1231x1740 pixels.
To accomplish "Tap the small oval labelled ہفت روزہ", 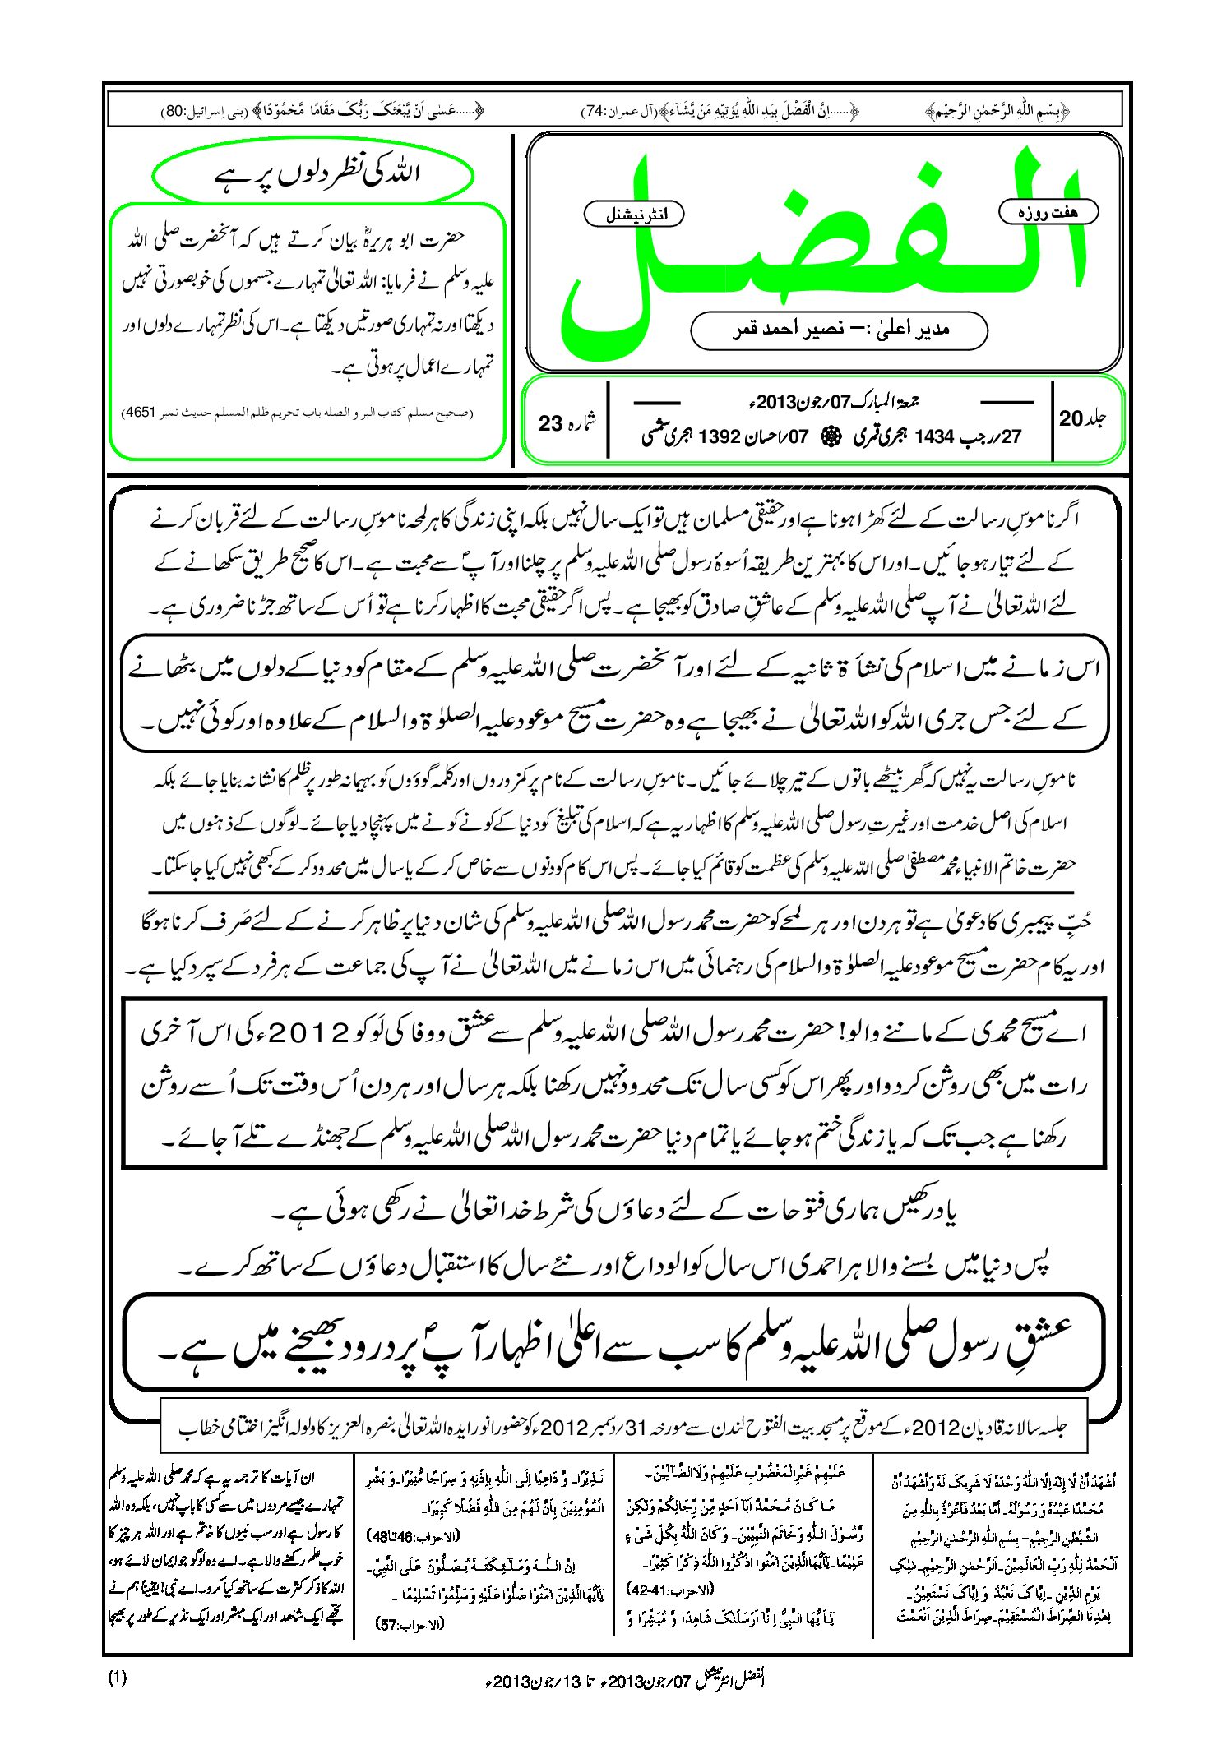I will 1048,212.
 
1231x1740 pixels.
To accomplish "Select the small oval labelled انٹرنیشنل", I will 633,215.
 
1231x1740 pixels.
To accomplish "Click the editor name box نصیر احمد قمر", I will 839,330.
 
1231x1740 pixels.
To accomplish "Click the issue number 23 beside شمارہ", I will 550,424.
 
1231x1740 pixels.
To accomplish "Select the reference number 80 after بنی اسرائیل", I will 174,111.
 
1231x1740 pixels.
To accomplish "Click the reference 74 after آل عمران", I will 593,111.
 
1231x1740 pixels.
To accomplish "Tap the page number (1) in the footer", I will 117,1678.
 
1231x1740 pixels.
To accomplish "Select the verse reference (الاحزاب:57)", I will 410,1624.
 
